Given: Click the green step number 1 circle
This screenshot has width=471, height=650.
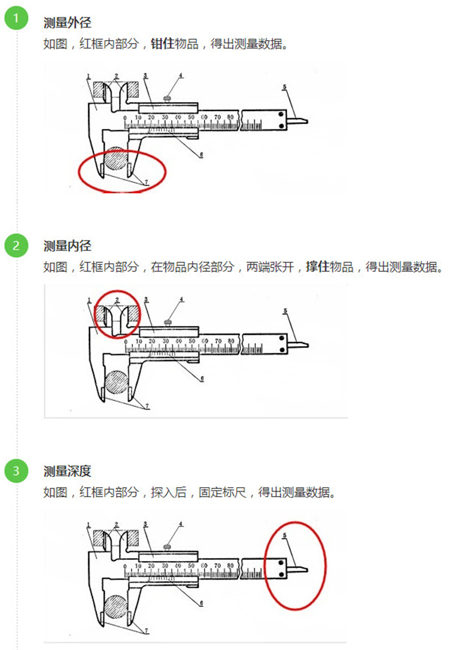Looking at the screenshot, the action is (x=16, y=18).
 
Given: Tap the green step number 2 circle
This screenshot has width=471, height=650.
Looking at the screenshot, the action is (x=16, y=245).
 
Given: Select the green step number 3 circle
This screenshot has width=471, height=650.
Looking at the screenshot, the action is (x=16, y=470).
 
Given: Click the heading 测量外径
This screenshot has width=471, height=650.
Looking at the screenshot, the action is (x=67, y=23).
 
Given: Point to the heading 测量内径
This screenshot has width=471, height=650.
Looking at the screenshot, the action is (x=67, y=246).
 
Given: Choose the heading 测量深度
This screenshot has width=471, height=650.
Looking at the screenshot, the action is (x=67, y=471).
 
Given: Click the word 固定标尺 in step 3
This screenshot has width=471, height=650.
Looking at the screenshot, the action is (x=222, y=492).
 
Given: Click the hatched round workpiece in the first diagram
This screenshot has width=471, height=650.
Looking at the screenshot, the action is (x=116, y=159).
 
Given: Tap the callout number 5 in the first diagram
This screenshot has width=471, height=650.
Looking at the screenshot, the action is (x=284, y=87).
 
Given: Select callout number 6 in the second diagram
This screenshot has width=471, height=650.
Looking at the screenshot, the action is (x=202, y=378).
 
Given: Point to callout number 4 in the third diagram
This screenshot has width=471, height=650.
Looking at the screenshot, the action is (x=181, y=524).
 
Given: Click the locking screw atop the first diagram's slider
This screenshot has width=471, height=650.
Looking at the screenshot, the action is (x=167, y=98).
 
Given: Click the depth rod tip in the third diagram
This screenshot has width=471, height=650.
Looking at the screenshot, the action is (x=306, y=569).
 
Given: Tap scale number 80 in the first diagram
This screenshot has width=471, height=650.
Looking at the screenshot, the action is (x=230, y=118).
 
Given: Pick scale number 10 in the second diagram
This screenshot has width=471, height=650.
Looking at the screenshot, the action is (x=139, y=341).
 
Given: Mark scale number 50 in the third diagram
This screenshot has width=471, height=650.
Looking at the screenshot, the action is (x=191, y=566).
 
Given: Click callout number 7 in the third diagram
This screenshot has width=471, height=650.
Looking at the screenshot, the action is (x=146, y=631).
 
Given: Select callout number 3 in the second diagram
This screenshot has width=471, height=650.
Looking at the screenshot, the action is (x=146, y=299).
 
